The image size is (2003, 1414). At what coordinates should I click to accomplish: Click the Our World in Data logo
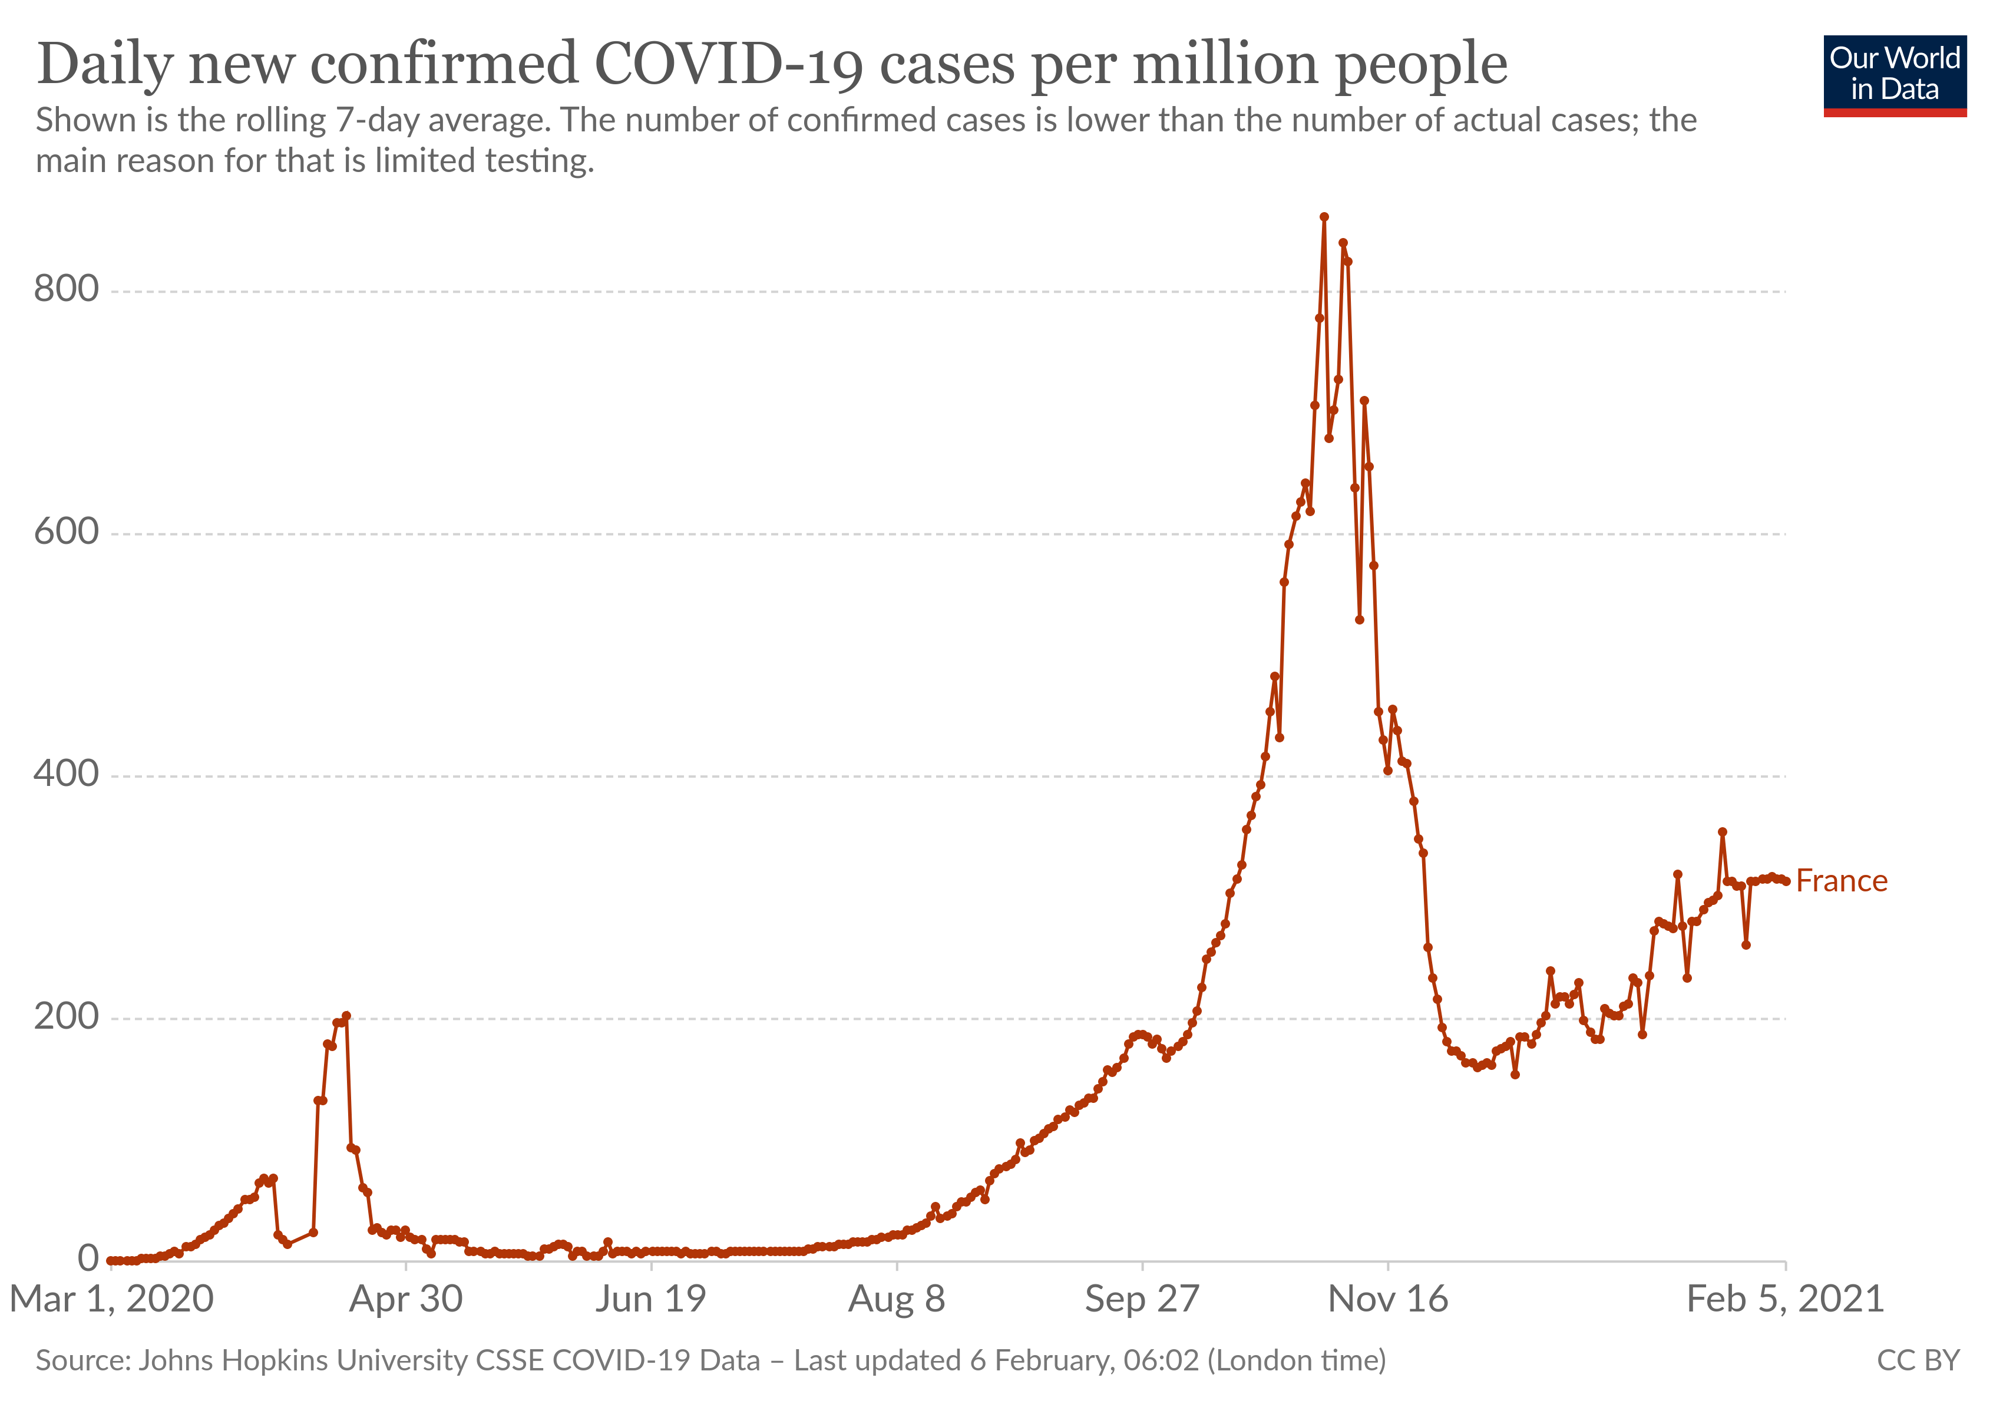(1894, 75)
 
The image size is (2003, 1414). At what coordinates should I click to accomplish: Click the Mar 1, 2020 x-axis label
(112, 1300)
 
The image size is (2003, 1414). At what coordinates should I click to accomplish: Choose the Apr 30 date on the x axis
(406, 1300)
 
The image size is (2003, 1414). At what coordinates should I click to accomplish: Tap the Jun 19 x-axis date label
(651, 1300)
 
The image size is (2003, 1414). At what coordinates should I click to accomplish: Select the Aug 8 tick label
(897, 1300)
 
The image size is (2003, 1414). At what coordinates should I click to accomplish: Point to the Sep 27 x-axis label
(1142, 1300)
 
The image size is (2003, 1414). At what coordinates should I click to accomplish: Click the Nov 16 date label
(1387, 1300)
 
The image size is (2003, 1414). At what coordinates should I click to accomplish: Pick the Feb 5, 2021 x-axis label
(1785, 1300)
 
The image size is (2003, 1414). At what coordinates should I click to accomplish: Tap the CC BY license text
(1918, 1361)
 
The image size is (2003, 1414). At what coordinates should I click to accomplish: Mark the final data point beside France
(1786, 882)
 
